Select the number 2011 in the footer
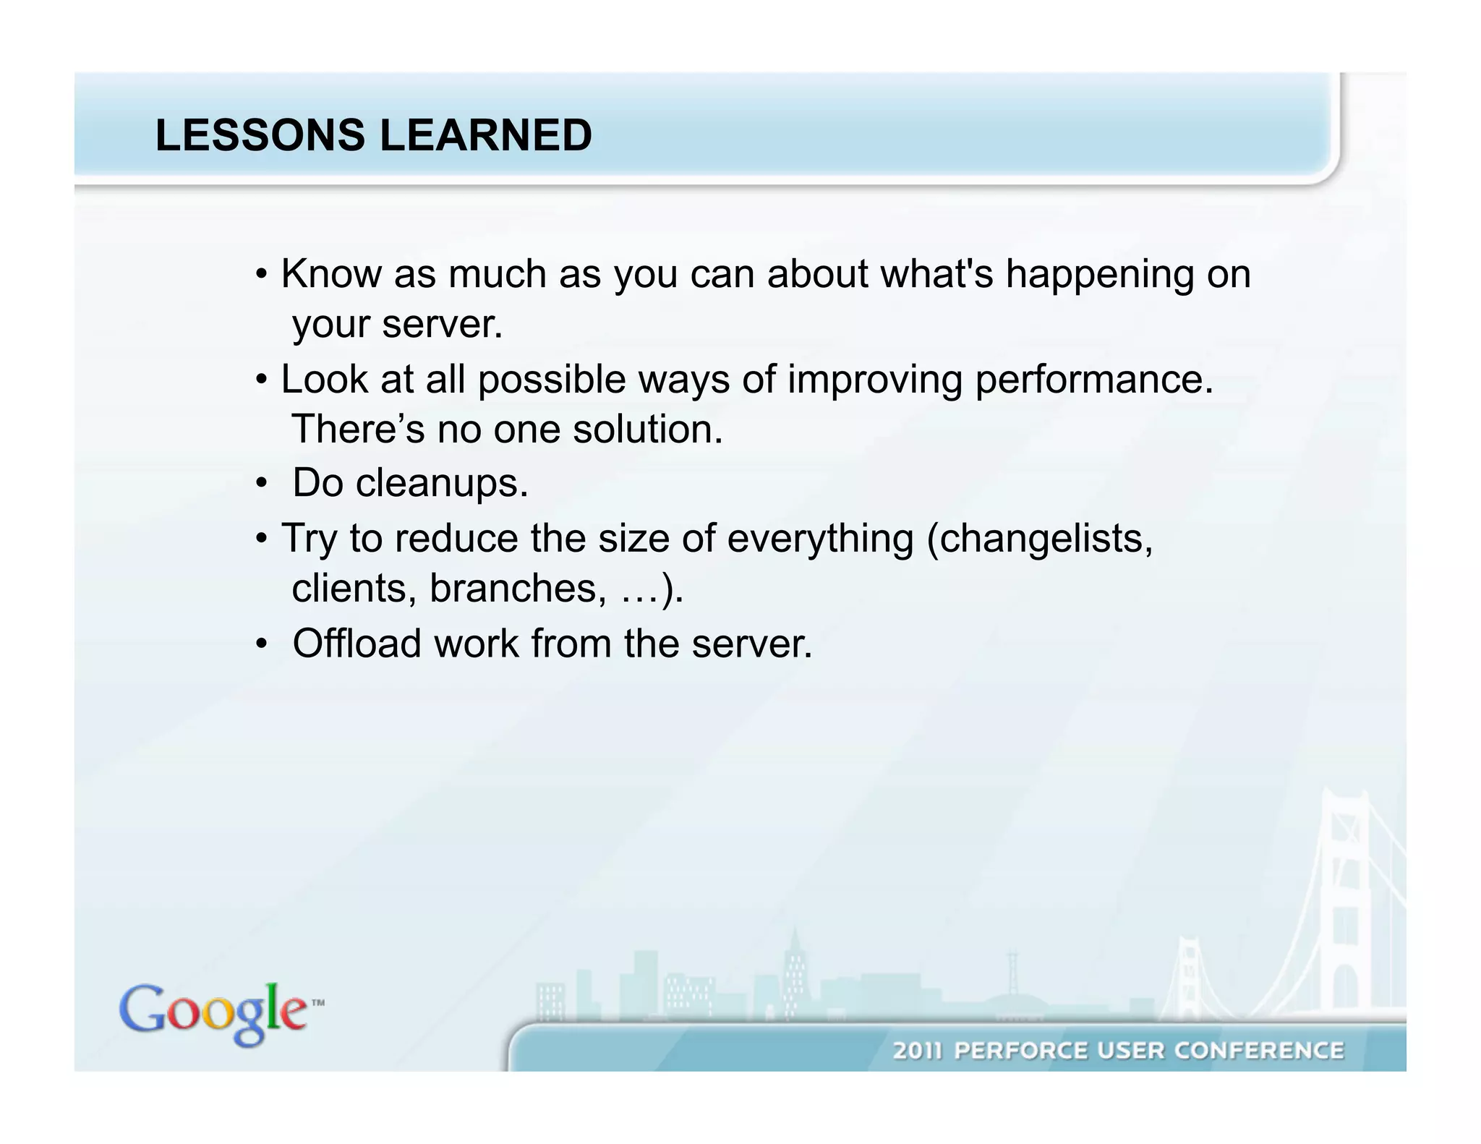[918, 1050]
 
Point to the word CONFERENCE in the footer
[1258, 1050]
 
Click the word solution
[648, 430]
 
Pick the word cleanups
[442, 483]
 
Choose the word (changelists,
[1040, 539]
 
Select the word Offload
[357, 643]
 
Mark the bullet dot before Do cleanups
[262, 483]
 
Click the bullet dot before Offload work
[262, 643]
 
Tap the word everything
[820, 539]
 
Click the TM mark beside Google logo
[317, 1003]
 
